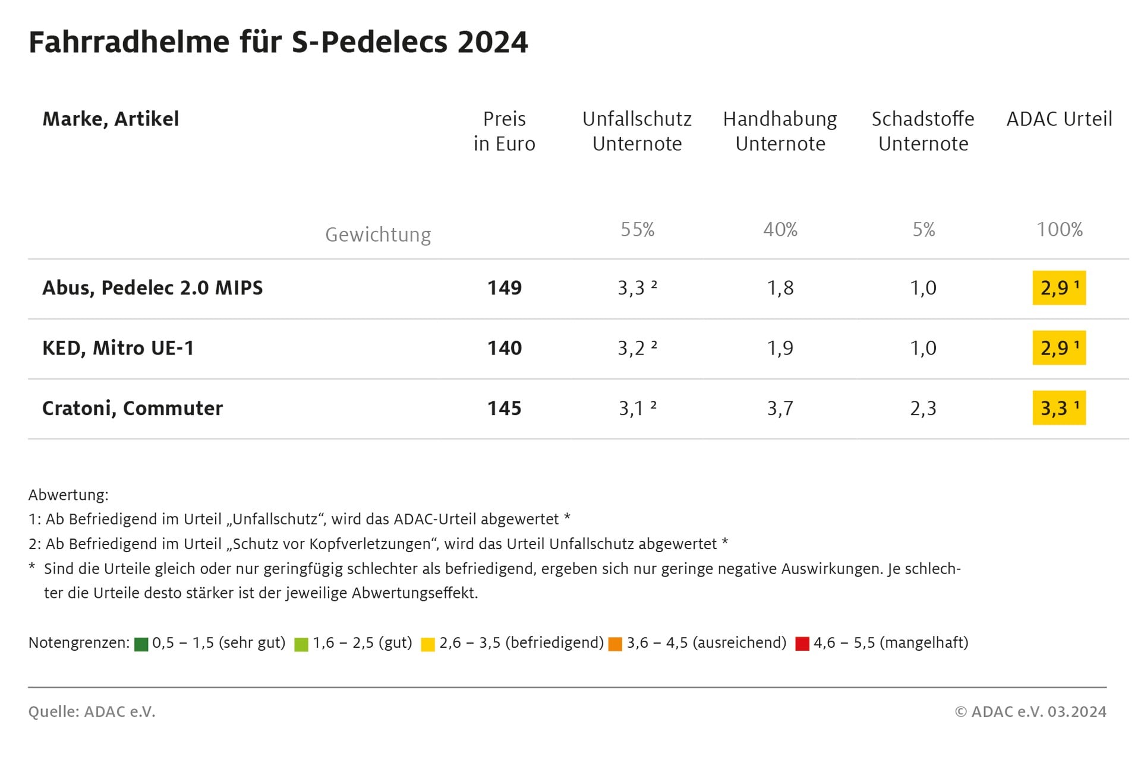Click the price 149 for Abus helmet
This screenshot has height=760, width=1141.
pyautogui.click(x=504, y=288)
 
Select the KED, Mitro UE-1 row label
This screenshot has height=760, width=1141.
pyautogui.click(x=118, y=348)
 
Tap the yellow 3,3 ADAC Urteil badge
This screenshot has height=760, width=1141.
pyautogui.click(x=1058, y=408)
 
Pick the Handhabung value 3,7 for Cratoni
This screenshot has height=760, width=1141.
pyautogui.click(x=780, y=408)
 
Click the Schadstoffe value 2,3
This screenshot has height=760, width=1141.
pyautogui.click(x=923, y=408)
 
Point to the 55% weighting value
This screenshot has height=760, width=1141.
pyautogui.click(x=637, y=229)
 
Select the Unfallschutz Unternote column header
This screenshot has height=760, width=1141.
pyautogui.click(x=636, y=131)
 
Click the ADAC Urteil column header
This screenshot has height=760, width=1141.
pyautogui.click(x=1058, y=119)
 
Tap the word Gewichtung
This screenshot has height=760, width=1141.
pyautogui.click(x=378, y=235)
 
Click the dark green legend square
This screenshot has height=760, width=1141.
pyautogui.click(x=141, y=644)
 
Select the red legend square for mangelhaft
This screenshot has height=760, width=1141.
pyautogui.click(x=802, y=644)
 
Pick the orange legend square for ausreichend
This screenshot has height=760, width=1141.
pyautogui.click(x=615, y=644)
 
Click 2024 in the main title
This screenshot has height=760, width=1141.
pyautogui.click(x=493, y=42)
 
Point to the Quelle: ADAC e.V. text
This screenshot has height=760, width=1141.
pyautogui.click(x=92, y=711)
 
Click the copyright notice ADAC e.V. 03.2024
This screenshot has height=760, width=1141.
pyautogui.click(x=1030, y=711)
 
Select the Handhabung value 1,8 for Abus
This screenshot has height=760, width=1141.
pyautogui.click(x=780, y=288)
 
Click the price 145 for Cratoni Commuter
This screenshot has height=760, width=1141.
pyautogui.click(x=504, y=408)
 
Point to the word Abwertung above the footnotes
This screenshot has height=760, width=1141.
pyautogui.click(x=68, y=495)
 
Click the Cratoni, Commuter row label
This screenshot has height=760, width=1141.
pyautogui.click(x=132, y=408)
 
